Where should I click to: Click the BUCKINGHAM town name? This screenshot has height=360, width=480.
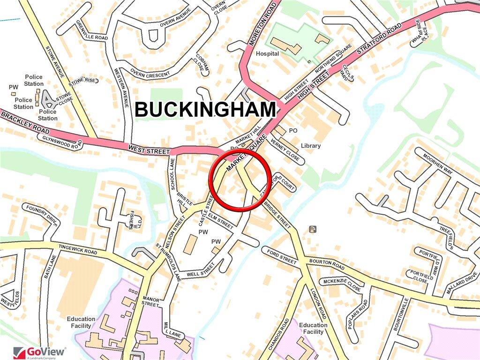(x=205, y=110)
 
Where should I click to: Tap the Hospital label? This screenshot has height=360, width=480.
(x=267, y=54)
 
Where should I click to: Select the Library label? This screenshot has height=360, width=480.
(x=311, y=146)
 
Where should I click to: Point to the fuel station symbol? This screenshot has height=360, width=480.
(x=313, y=229)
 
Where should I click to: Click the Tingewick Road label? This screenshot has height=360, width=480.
(x=78, y=249)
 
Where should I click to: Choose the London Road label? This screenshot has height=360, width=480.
(x=319, y=305)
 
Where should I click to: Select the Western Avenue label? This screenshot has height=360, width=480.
(x=121, y=86)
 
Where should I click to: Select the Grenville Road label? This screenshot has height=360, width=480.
(x=92, y=30)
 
